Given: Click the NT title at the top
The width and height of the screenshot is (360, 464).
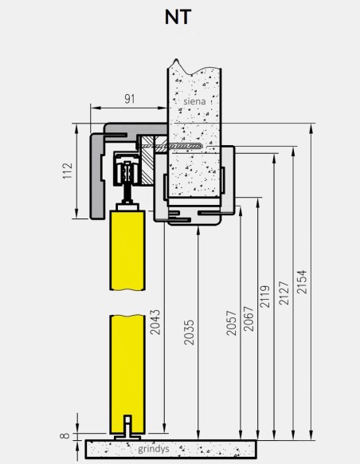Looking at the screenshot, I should point(179,17).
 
